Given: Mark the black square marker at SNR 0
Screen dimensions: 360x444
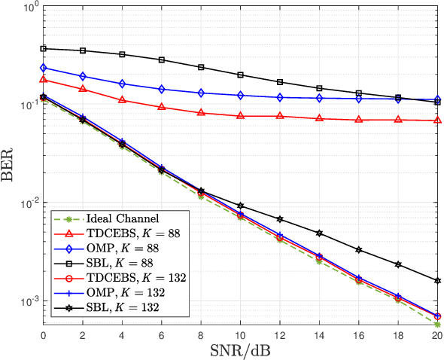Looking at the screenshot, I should pyautogui.click(x=43, y=48).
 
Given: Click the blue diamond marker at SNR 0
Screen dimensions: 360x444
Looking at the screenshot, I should pyautogui.click(x=43, y=68).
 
